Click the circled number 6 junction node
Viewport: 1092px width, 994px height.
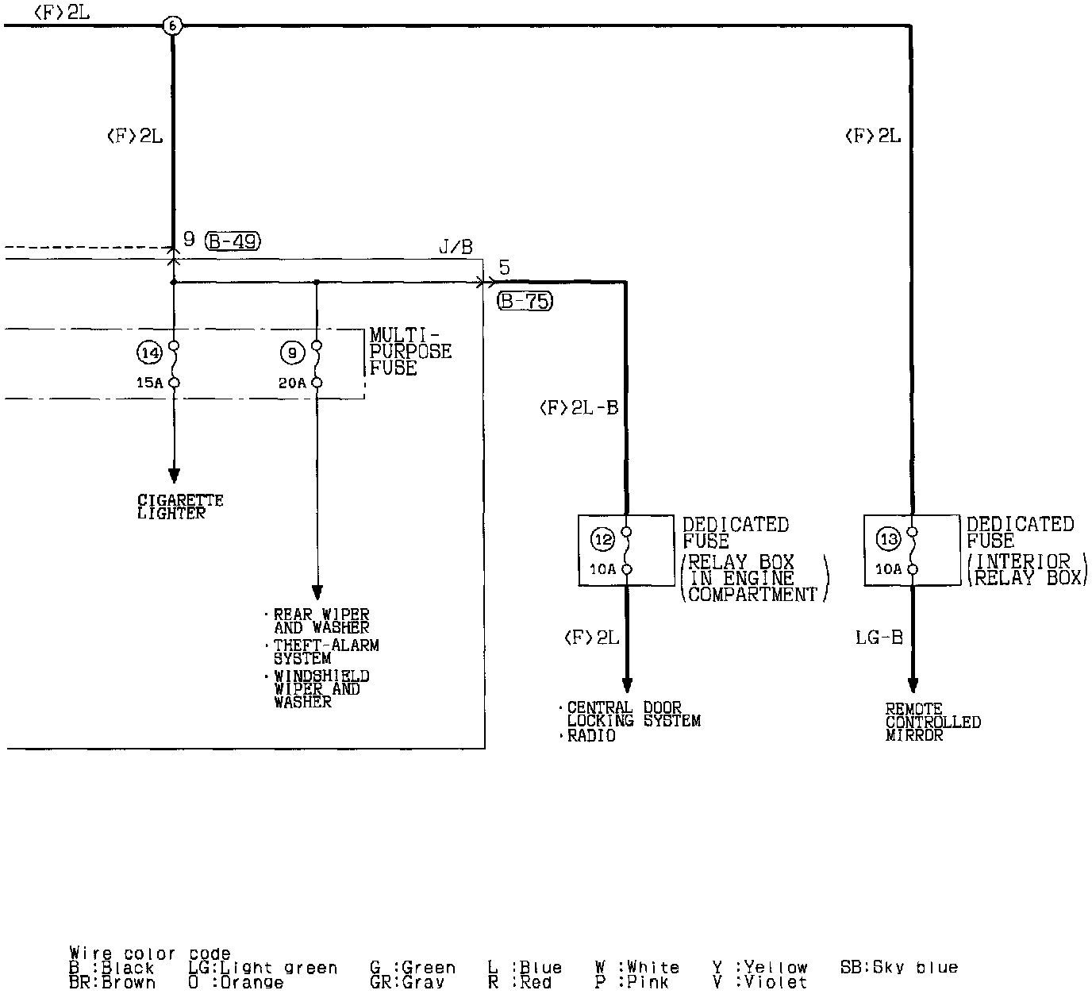172,26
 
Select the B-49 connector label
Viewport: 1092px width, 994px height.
233,241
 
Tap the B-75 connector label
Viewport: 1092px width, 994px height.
525,302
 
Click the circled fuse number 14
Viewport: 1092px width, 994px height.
149,351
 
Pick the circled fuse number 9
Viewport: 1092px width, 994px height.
292,351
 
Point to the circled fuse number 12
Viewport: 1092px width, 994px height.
602,540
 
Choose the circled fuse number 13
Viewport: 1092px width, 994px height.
888,540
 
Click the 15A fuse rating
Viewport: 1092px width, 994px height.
148,383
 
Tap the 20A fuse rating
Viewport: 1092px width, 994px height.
291,383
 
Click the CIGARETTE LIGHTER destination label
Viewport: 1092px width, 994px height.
180,507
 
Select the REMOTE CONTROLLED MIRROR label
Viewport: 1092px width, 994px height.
932,722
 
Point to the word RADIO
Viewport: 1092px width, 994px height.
591,736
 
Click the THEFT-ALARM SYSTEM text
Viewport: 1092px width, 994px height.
325,652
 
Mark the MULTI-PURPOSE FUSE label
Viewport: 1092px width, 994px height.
410,352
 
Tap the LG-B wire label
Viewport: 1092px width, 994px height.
879,638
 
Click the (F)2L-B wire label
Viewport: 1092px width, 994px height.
579,408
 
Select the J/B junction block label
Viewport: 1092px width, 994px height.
456,248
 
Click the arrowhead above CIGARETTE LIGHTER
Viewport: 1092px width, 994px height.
174,475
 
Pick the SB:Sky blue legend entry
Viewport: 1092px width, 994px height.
898,968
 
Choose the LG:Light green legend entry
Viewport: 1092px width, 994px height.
263,968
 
